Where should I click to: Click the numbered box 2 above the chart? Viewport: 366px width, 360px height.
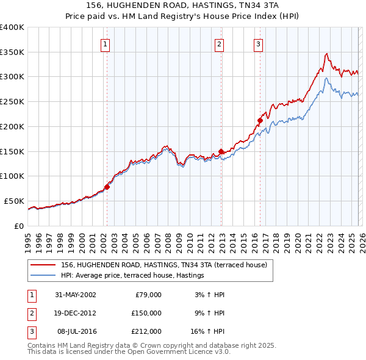219,43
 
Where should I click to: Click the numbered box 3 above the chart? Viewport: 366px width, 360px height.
258,43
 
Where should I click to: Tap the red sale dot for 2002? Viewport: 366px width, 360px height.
107,187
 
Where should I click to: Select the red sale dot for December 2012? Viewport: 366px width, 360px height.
221,151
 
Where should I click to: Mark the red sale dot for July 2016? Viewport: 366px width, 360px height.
260,121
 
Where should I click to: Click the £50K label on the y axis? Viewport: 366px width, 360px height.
14,201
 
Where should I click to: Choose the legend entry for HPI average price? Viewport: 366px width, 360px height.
132,276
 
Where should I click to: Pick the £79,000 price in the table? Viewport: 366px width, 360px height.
147,295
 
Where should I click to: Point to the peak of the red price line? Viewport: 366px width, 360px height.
326,54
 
